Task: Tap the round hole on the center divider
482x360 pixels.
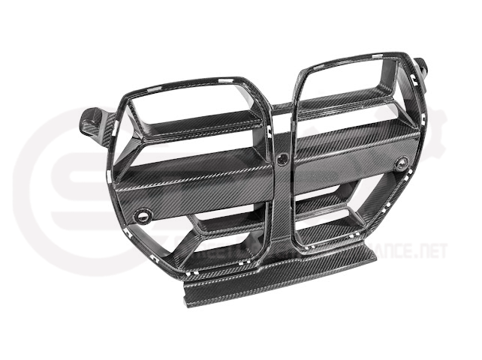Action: (x=283, y=158)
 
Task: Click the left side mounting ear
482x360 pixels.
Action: (x=92, y=121)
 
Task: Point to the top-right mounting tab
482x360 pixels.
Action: (x=420, y=65)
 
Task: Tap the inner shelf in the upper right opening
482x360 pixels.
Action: (x=353, y=101)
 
